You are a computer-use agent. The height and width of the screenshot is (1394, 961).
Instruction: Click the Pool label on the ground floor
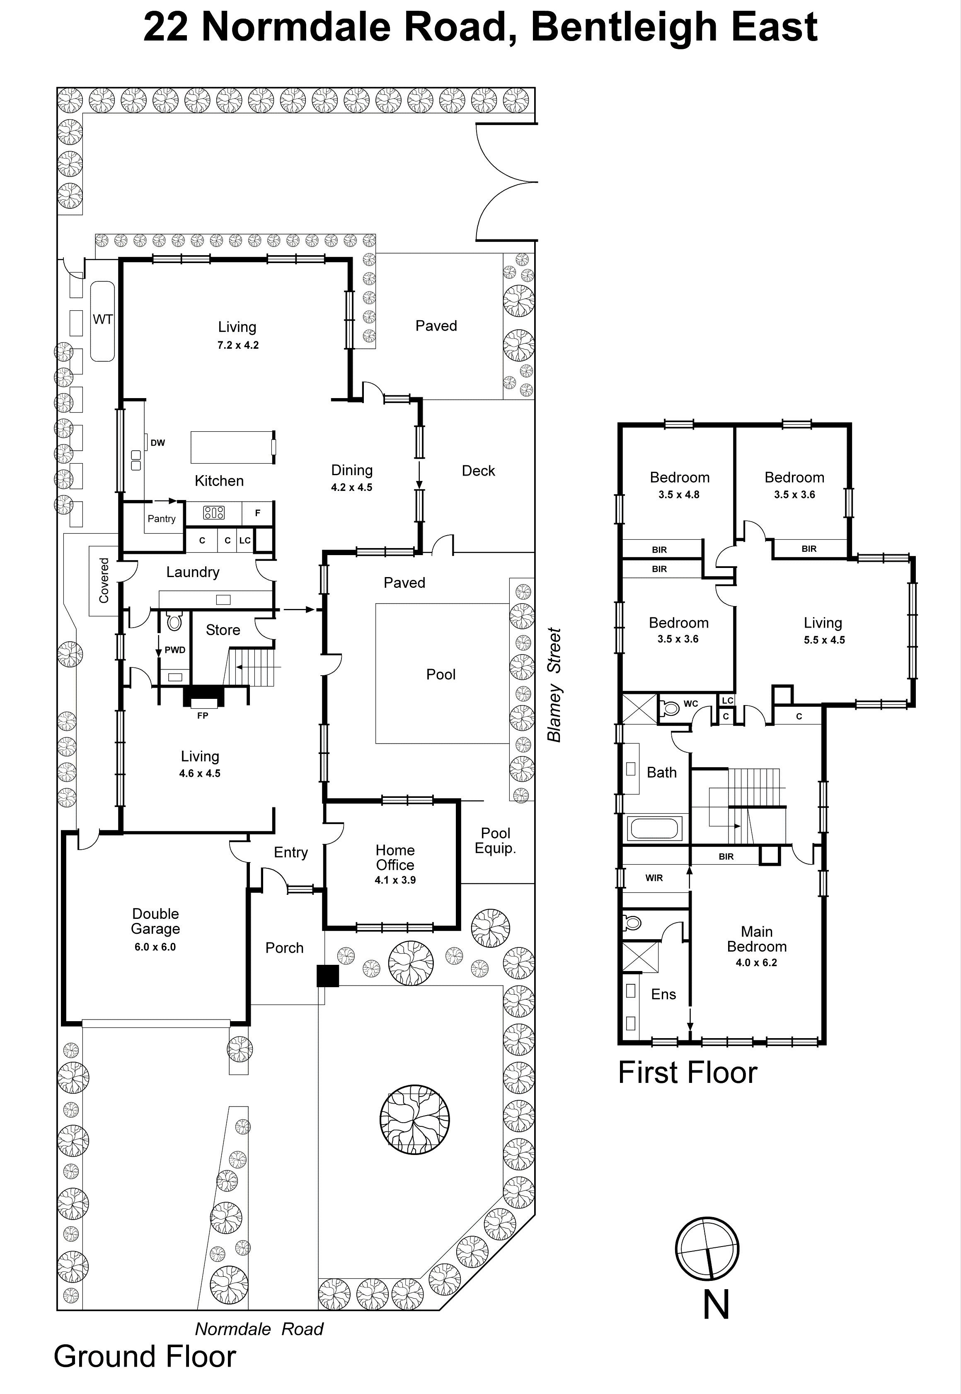coord(441,674)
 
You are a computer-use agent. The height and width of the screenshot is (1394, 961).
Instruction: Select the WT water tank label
coord(102,320)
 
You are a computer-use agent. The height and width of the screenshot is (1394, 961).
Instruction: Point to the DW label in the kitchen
coord(158,443)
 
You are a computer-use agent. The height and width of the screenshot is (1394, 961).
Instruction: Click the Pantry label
coord(161,519)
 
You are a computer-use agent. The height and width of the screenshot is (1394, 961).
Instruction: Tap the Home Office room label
coord(395,857)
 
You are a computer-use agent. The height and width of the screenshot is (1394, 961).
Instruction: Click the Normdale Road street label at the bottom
coord(259,1329)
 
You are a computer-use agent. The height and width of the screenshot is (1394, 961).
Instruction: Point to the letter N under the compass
coord(716,1305)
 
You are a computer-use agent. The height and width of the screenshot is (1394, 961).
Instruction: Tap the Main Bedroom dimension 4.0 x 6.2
coord(756,962)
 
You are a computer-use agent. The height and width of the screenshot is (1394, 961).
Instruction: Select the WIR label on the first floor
coord(654,878)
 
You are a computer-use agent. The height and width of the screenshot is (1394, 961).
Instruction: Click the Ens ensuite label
coord(663,994)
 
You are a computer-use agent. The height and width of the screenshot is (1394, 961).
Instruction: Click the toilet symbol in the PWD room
coord(174,622)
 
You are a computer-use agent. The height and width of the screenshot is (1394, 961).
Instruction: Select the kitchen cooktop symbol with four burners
coord(214,513)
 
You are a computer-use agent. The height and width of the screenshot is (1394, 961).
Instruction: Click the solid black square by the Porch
coord(327,976)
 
